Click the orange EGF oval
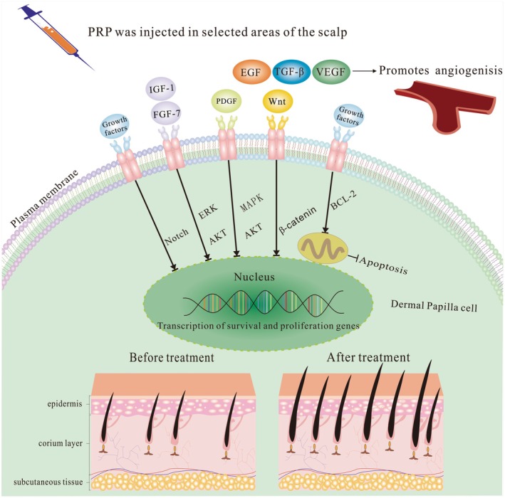(x=251, y=72)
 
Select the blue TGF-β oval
(x=291, y=71)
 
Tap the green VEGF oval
(x=331, y=72)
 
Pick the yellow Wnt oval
(x=277, y=101)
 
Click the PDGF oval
(x=226, y=101)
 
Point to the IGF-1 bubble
(x=161, y=88)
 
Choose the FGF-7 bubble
(x=166, y=113)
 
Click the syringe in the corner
(x=56, y=36)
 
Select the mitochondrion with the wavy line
(x=323, y=249)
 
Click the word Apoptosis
(x=383, y=265)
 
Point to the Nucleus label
(x=254, y=277)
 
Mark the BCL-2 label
(x=343, y=200)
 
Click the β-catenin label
(x=298, y=221)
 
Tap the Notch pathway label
(x=176, y=236)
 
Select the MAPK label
(x=251, y=202)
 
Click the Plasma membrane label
(x=44, y=198)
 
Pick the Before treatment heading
(x=172, y=357)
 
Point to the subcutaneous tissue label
(x=48, y=482)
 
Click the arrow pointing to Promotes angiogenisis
(x=364, y=70)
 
